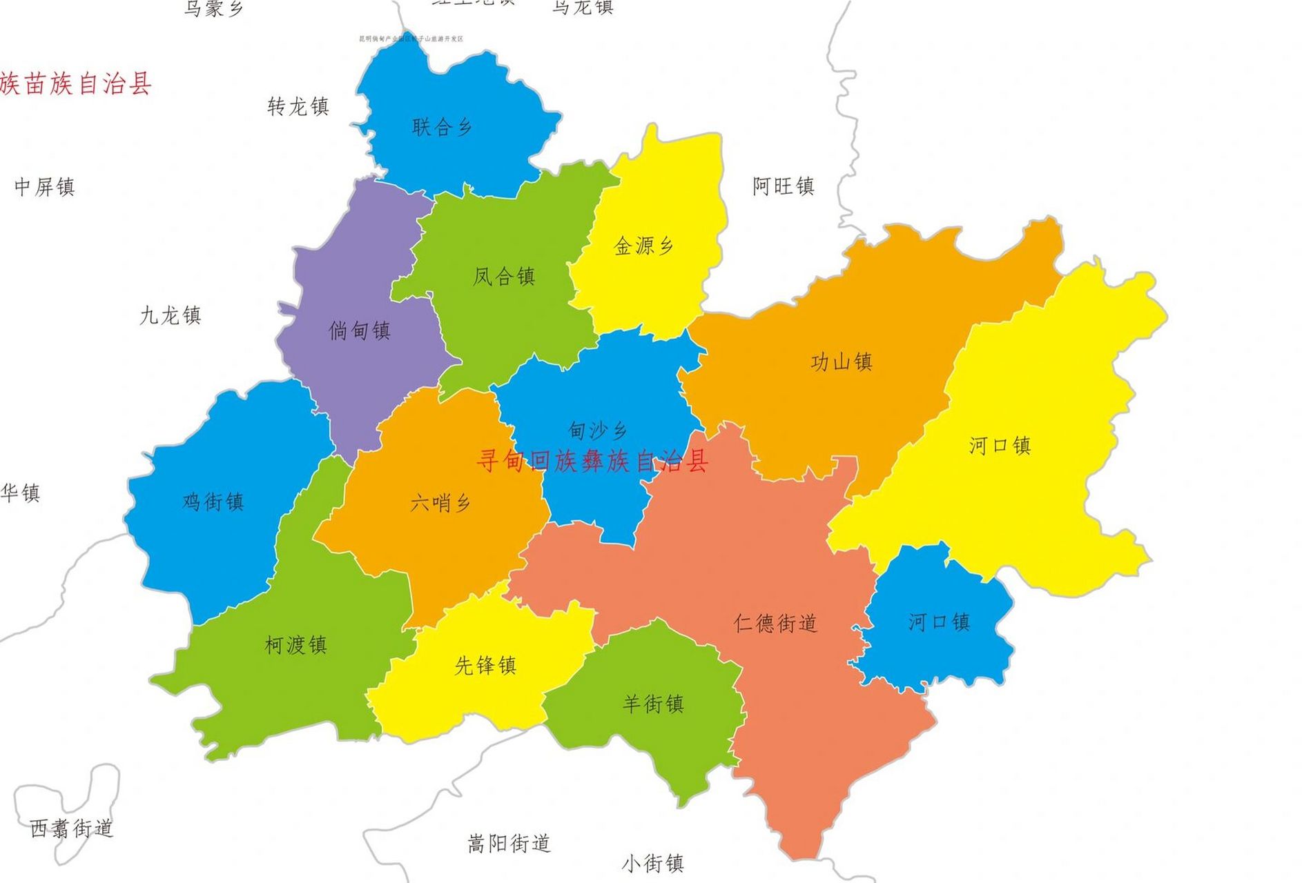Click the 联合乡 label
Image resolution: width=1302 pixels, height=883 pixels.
[x=442, y=127]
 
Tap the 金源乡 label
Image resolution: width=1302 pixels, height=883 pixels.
[x=643, y=246]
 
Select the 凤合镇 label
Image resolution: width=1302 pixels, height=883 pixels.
[x=504, y=277]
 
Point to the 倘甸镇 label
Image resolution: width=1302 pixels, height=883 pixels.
[x=360, y=330]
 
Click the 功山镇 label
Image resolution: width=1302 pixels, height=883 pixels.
[x=842, y=361]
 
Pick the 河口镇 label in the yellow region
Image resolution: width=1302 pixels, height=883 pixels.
[x=1000, y=446]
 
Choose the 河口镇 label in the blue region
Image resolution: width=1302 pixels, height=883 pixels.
[x=939, y=622]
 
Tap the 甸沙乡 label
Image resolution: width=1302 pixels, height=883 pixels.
[x=598, y=431]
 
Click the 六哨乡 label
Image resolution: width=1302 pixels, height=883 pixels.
[x=440, y=503]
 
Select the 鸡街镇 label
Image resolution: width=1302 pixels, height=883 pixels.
[x=213, y=502]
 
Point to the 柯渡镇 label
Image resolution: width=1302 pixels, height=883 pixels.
[x=295, y=645]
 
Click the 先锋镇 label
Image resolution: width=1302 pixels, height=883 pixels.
[x=485, y=666]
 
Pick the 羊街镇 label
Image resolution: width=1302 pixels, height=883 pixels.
[x=653, y=704]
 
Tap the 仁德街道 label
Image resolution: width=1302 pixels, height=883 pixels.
[x=775, y=624]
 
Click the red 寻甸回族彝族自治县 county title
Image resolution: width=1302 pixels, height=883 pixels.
[x=592, y=461]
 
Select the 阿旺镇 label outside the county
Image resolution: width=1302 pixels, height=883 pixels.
[x=784, y=186]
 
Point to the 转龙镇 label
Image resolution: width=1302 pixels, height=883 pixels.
[x=298, y=106]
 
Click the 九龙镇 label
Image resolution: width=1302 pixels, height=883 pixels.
[x=171, y=316]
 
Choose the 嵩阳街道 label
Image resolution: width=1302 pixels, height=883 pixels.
[x=509, y=843]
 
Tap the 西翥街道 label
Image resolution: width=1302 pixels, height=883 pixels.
[x=71, y=828]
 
